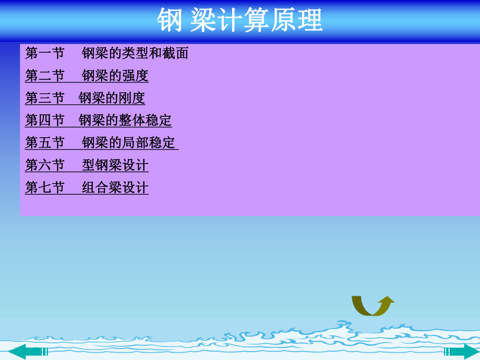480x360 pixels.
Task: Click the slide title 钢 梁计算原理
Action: point(240,21)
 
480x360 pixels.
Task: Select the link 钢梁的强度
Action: point(115,76)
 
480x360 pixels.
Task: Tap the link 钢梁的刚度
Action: point(112,98)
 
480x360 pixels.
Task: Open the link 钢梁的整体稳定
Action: point(125,121)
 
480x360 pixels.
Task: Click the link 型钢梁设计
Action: point(115,165)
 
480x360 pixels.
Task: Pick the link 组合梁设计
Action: point(115,188)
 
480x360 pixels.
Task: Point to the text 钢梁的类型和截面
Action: point(135,53)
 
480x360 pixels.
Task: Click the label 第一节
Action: point(44,53)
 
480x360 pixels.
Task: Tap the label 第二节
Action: point(44,76)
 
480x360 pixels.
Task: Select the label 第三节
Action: point(44,98)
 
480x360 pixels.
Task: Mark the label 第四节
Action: point(44,121)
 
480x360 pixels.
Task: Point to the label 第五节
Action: point(44,143)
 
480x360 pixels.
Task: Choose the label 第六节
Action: point(44,165)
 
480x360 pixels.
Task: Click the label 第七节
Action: point(44,188)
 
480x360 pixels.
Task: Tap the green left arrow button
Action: point(29,351)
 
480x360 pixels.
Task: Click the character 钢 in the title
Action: point(170,21)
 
